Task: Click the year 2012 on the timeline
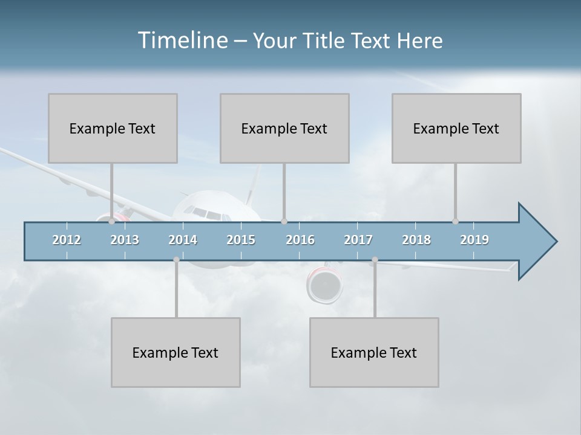click(67, 240)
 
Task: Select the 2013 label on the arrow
click(125, 240)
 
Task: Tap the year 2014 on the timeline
click(183, 240)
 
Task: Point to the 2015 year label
click(241, 240)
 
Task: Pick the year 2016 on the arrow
click(300, 240)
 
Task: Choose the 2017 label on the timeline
click(358, 240)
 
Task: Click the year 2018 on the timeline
click(416, 240)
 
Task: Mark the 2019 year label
click(474, 240)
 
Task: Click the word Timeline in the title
click(182, 40)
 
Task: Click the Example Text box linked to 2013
click(113, 128)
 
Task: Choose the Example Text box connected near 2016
click(284, 128)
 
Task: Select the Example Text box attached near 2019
click(456, 128)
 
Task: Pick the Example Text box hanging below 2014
click(176, 352)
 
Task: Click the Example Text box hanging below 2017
click(374, 352)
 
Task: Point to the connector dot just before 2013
click(112, 222)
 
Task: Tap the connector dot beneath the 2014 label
click(176, 260)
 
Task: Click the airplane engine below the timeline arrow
click(324, 285)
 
